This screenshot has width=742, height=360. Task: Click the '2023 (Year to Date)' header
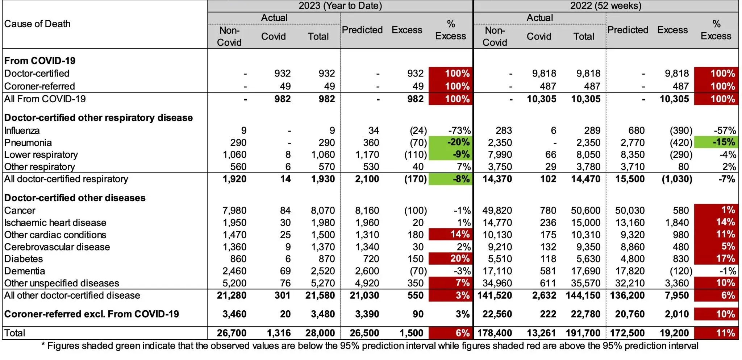[340, 6]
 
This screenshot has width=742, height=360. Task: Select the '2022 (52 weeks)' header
[605, 6]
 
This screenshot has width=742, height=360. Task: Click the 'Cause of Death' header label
[37, 24]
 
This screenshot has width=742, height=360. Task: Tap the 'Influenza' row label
[22, 131]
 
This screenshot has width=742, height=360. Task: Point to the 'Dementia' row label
[25, 271]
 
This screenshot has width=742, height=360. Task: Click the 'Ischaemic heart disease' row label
[55, 223]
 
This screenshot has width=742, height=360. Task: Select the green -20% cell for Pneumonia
[450, 142]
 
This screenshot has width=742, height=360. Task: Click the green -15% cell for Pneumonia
[716, 142]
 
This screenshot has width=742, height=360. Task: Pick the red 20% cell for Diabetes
[450, 258]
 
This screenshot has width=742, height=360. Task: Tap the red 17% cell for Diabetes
[716, 258]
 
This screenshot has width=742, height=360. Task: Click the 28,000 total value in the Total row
[320, 333]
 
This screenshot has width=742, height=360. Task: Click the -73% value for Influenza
[459, 131]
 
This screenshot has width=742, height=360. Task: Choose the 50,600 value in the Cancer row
[585, 211]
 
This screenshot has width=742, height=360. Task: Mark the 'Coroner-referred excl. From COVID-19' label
[91, 314]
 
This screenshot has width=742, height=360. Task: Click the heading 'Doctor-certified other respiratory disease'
[98, 118]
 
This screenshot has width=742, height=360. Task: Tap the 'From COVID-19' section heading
[40, 61]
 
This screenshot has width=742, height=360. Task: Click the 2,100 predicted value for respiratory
[367, 179]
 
